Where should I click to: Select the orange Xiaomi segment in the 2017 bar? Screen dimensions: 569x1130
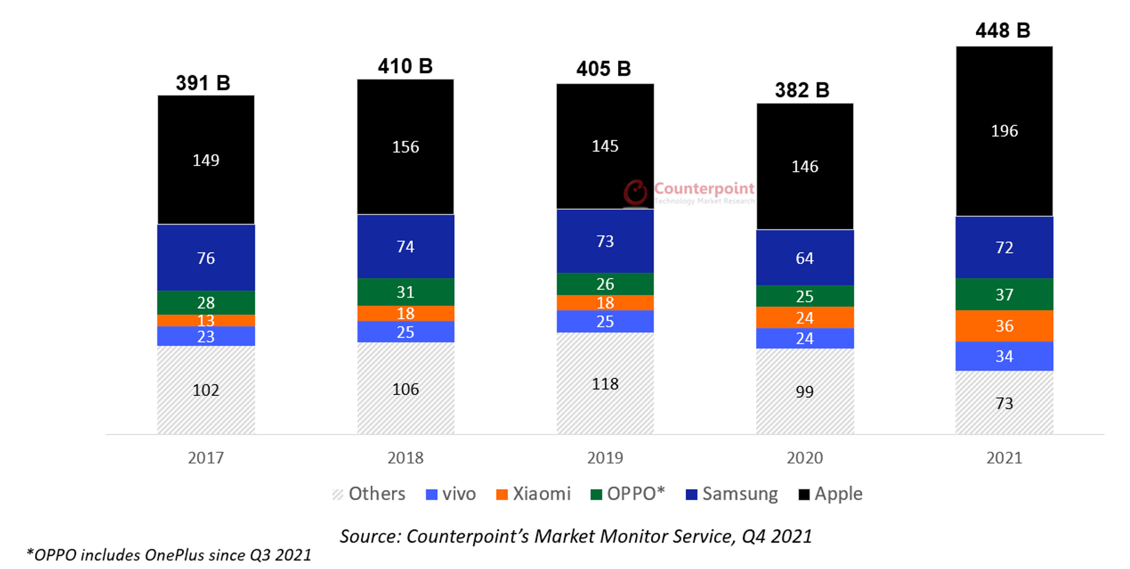(206, 320)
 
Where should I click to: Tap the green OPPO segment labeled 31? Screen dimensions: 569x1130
(406, 292)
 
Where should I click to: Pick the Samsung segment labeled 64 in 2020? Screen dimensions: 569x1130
(804, 258)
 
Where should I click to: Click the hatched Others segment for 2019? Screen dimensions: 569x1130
(605, 384)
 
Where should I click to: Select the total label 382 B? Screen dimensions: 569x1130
(802, 90)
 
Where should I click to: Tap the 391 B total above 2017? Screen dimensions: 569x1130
(203, 83)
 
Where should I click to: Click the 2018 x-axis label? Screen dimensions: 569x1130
(406, 458)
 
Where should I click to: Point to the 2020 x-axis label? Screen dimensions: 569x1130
(804, 458)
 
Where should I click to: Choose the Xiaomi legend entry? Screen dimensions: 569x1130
(533, 494)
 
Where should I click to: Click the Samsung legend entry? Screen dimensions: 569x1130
(731, 494)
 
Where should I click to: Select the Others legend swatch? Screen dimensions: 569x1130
(337, 494)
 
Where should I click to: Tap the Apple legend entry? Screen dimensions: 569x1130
(830, 494)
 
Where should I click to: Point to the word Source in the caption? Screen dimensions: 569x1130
(368, 536)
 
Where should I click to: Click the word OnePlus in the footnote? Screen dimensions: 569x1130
(174, 555)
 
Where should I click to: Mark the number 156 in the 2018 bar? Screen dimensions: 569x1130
(406, 147)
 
